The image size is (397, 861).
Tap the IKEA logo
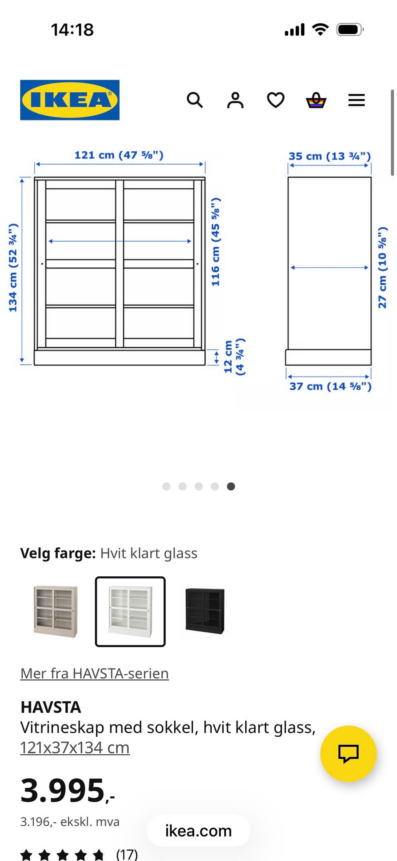(x=69, y=100)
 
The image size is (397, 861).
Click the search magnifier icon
(x=194, y=100)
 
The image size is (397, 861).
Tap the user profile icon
(x=235, y=100)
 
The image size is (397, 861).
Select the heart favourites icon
(x=275, y=100)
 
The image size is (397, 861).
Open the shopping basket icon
(x=316, y=100)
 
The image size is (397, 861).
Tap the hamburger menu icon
(x=356, y=100)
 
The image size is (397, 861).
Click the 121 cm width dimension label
(x=119, y=155)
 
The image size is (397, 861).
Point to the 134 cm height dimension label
(x=13, y=267)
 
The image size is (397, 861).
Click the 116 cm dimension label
(x=215, y=242)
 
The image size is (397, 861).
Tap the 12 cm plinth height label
(x=234, y=357)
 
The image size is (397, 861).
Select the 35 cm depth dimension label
(x=329, y=156)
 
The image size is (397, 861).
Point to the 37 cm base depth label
(x=330, y=386)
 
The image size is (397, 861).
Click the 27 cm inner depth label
(x=383, y=267)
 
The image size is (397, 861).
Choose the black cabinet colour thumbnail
(x=205, y=611)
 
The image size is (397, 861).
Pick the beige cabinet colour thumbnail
(x=55, y=611)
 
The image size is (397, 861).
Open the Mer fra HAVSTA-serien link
(x=94, y=674)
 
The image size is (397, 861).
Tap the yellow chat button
(x=348, y=753)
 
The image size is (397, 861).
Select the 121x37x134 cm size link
(x=75, y=748)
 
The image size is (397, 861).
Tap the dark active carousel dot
(x=231, y=486)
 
